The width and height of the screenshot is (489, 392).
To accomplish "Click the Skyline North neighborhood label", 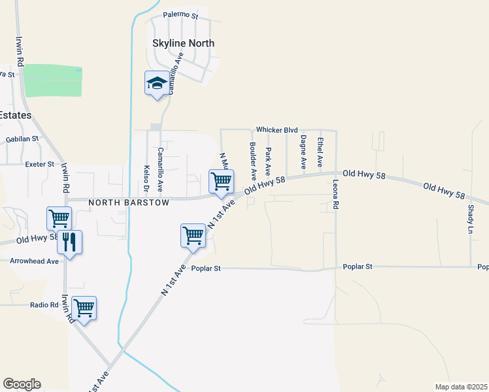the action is (x=183, y=44).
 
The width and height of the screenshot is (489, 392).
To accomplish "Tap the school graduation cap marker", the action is (x=156, y=84).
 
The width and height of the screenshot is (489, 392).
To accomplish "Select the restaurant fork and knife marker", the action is (x=69, y=242).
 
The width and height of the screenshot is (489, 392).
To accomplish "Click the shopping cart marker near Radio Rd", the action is (x=84, y=308).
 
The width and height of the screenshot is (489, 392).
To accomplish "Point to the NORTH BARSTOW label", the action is (x=129, y=203).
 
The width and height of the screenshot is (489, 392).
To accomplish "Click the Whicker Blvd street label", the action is (x=277, y=130).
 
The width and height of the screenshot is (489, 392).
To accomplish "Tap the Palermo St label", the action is (x=180, y=14).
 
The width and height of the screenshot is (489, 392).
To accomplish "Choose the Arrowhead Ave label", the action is (x=34, y=261).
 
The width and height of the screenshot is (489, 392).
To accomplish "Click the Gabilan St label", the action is (x=23, y=139).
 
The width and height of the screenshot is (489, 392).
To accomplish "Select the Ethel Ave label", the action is (x=320, y=150).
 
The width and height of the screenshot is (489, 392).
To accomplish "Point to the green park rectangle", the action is (x=52, y=81).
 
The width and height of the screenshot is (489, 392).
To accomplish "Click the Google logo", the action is (x=21, y=384).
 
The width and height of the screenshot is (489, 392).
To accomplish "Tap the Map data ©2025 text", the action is (x=461, y=387).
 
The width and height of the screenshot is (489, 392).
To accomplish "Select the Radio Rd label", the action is (x=44, y=305).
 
